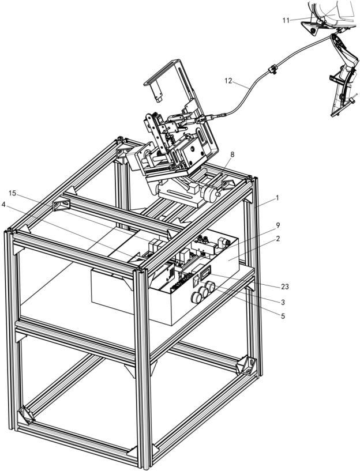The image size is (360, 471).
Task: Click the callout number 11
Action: tap(286, 20)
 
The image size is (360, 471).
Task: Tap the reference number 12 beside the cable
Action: tap(228, 81)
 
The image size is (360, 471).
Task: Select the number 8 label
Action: tap(232, 154)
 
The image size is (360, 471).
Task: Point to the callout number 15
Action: tap(13, 193)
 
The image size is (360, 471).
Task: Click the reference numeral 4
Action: tap(3, 204)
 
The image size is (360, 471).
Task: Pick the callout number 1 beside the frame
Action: tap(277, 198)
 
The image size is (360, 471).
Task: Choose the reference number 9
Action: tap(277, 225)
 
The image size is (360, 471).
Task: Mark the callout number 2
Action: tap(278, 239)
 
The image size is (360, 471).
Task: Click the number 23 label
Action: tap(284, 287)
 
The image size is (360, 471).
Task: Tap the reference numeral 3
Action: tap(283, 302)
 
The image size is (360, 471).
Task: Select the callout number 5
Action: tap(283, 316)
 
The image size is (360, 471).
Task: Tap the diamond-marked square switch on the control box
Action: tap(196, 281)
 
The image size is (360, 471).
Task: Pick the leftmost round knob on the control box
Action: tap(196, 297)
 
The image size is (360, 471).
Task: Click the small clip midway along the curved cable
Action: tap(272, 70)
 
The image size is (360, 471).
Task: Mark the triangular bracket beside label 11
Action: tap(312, 29)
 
